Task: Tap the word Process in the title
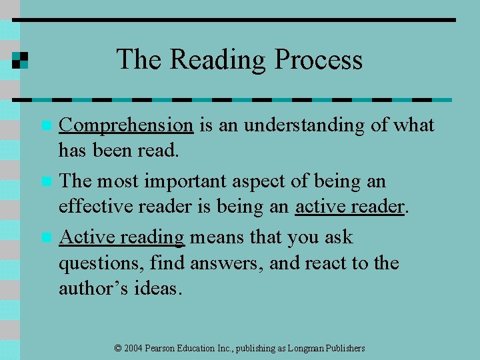tap(319, 60)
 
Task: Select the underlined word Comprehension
tap(126, 125)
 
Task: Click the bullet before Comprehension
tap(46, 125)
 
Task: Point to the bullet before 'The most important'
tap(46, 181)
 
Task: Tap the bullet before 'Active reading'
tap(46, 237)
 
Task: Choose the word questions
tap(100, 263)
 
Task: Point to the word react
tap(326, 263)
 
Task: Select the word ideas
tap(157, 289)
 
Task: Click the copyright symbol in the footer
tap(118, 349)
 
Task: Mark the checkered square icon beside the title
tap(20, 60)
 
